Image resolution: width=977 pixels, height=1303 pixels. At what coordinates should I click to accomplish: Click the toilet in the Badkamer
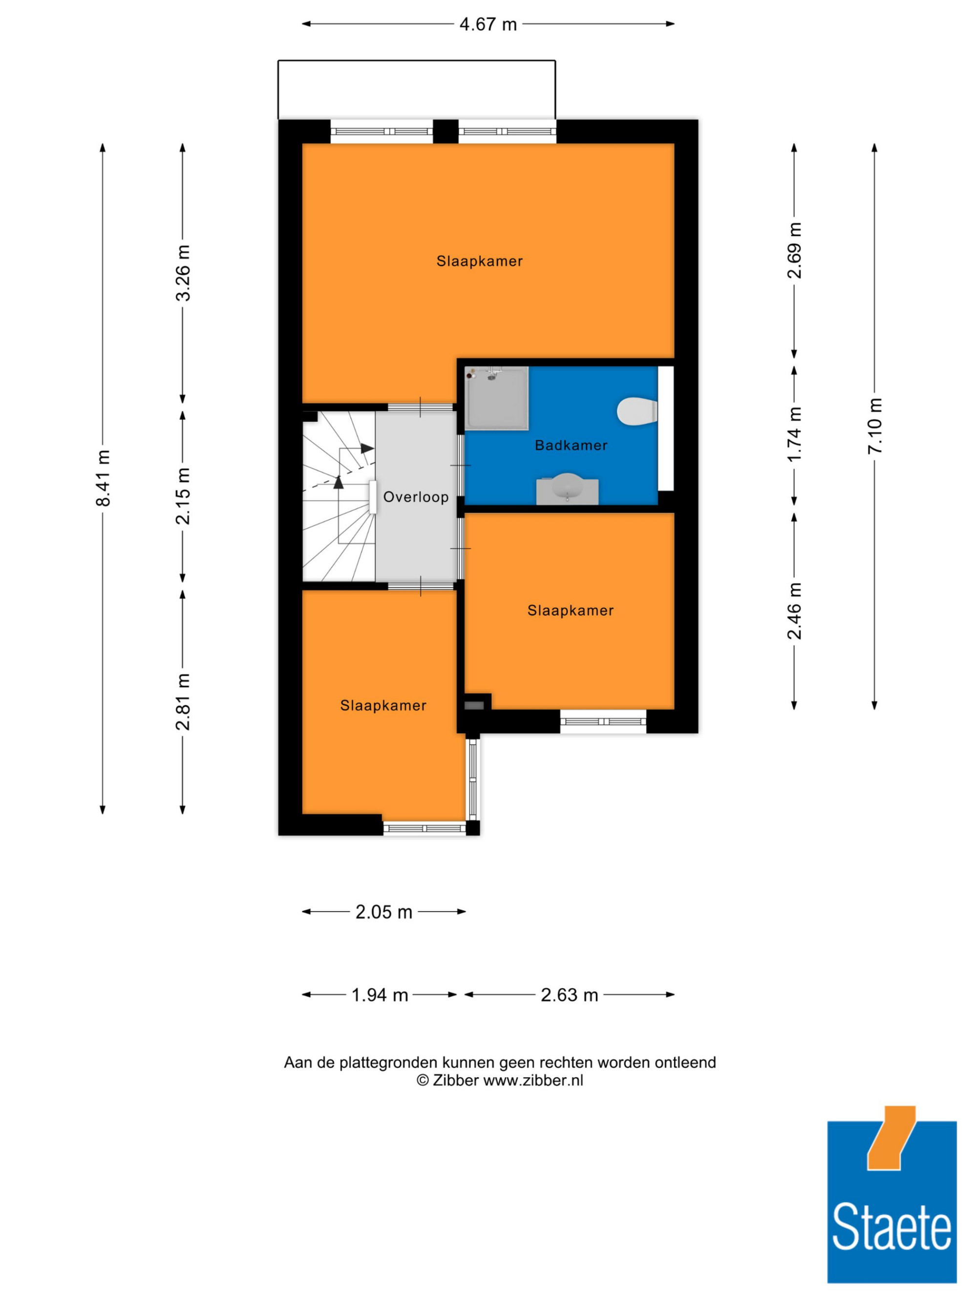[637, 411]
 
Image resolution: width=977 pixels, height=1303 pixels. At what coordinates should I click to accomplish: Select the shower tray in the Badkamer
[496, 398]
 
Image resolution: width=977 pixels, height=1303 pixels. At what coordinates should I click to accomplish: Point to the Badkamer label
[571, 446]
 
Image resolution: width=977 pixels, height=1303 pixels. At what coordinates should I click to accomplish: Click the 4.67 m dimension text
[488, 24]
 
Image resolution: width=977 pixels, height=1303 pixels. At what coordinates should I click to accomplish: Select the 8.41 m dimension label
[103, 478]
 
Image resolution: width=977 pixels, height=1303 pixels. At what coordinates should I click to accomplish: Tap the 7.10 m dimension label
[874, 426]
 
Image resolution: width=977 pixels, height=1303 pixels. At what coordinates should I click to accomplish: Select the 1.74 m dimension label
[794, 435]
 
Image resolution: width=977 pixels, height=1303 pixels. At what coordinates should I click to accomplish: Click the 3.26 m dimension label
[183, 273]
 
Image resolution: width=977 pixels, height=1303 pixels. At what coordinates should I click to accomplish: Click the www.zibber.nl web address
[533, 1080]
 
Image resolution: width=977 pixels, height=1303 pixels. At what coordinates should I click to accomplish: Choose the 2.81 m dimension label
[183, 702]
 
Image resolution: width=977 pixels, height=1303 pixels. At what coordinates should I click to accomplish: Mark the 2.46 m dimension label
[794, 610]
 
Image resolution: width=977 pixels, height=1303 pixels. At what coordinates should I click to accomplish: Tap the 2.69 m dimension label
[794, 250]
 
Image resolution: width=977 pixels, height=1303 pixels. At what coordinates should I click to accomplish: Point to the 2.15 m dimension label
[183, 495]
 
